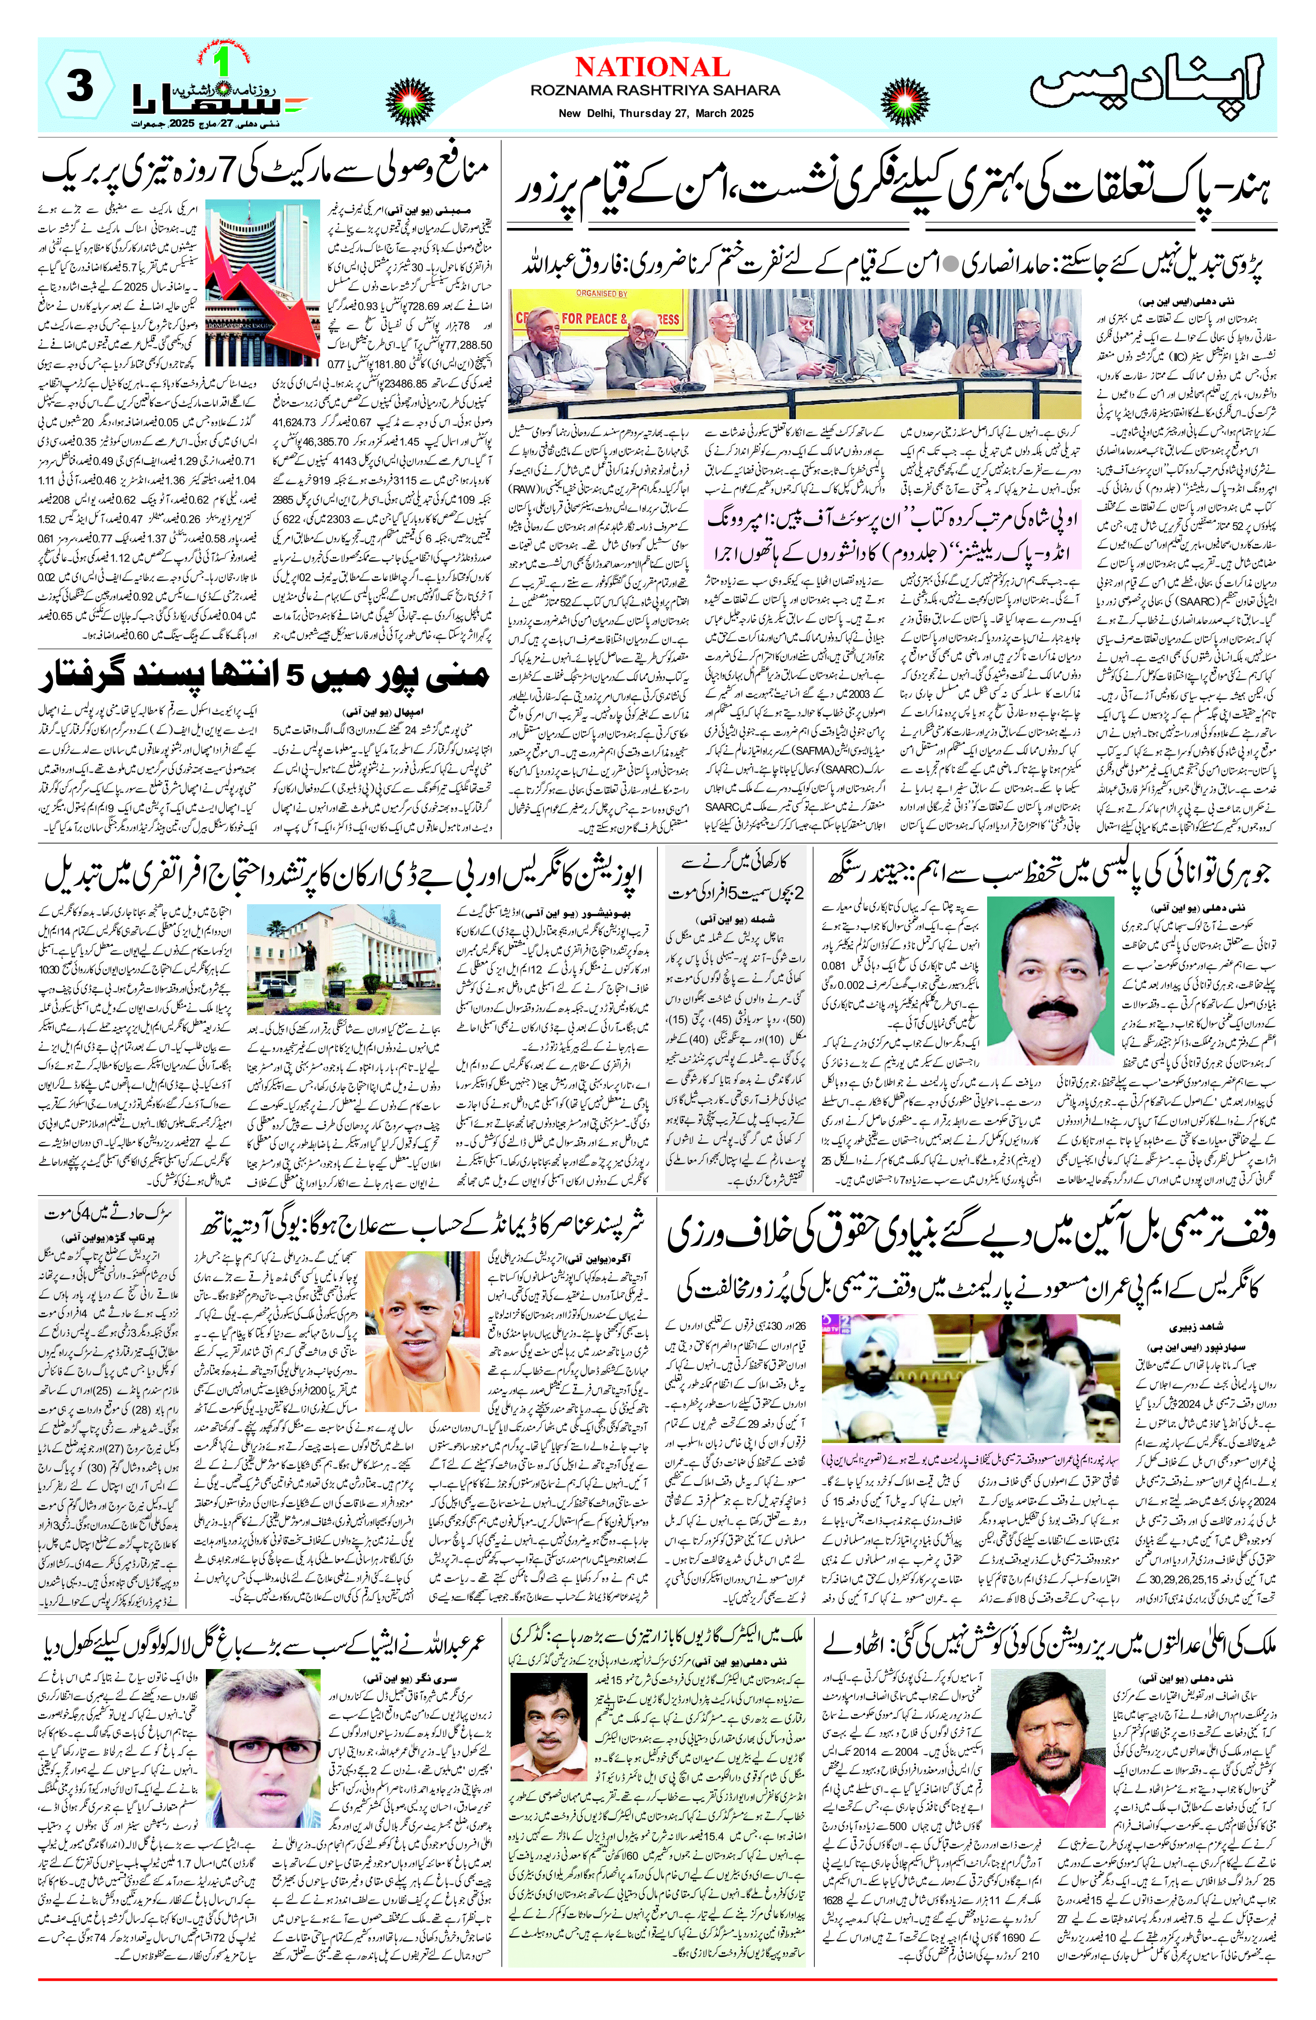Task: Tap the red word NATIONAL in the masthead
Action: pyautogui.click(x=652, y=67)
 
